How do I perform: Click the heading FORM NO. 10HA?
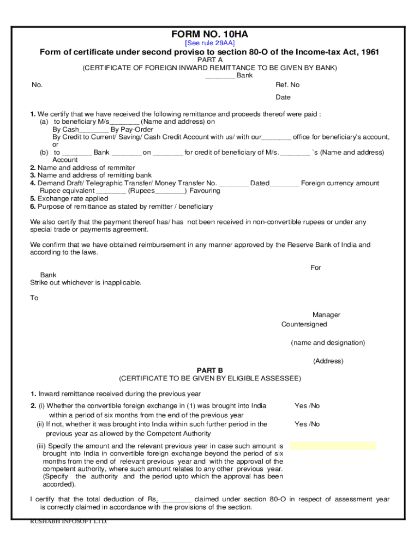pos(209,34)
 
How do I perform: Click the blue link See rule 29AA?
pos(209,43)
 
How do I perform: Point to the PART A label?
pos(209,60)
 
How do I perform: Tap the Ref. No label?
pos(287,85)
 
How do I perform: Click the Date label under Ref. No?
pos(283,98)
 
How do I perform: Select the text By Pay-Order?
pos(131,130)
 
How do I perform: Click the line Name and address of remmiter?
pos(83,168)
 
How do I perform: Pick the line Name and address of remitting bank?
pos(91,175)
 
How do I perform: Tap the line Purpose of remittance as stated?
pos(122,207)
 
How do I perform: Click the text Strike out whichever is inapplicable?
pos(86,283)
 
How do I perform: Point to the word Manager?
pos(326,315)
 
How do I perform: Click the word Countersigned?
pos(304,325)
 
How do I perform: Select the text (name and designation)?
pos(328,343)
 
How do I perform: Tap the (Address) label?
pos(328,361)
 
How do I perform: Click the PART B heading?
pos(209,370)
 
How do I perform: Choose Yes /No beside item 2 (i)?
pos(307,406)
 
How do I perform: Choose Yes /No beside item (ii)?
pos(307,424)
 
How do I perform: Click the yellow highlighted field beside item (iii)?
pos(333,446)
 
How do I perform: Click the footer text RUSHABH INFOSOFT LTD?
pos(69,521)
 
